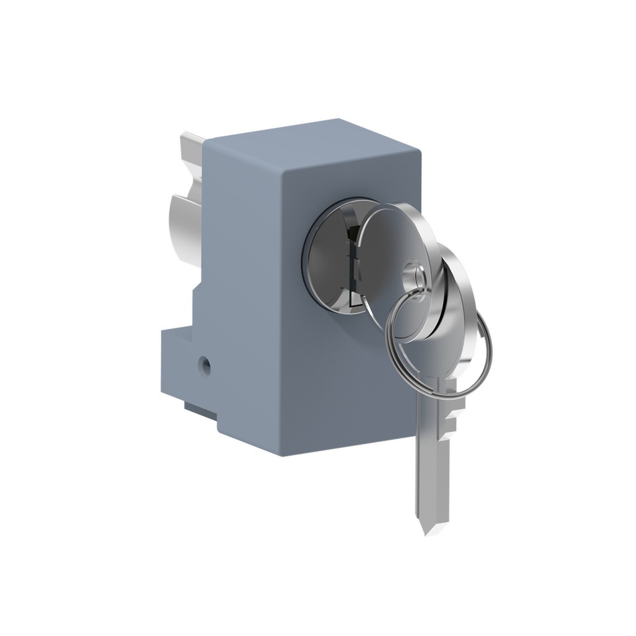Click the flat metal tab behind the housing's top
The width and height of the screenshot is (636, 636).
191,143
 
